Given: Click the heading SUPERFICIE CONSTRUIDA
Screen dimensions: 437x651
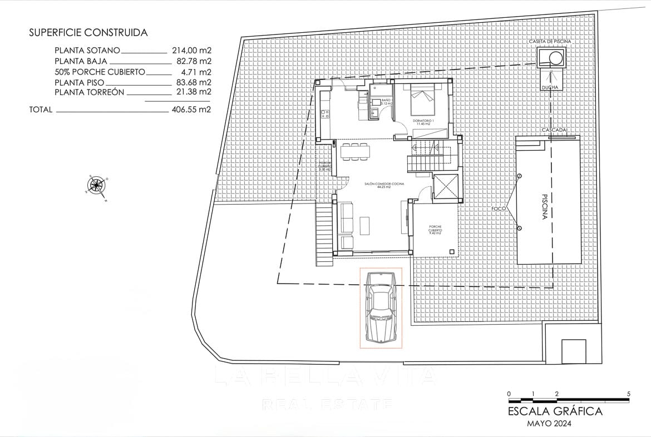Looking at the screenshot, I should [x=88, y=33].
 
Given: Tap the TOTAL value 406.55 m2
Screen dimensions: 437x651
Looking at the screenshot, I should [x=190, y=110].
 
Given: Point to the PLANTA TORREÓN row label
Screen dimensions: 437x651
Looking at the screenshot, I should [x=89, y=92].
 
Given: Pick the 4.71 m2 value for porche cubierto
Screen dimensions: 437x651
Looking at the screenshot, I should [x=198, y=72].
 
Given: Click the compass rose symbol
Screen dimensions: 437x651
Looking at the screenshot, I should [x=97, y=184].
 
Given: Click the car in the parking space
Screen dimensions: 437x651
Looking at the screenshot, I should [x=381, y=307].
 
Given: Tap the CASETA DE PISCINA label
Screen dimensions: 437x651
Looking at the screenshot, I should [x=550, y=42].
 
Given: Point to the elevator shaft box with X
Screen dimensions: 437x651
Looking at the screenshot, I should [x=447, y=186].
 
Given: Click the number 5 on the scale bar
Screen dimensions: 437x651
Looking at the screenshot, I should [x=629, y=394].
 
